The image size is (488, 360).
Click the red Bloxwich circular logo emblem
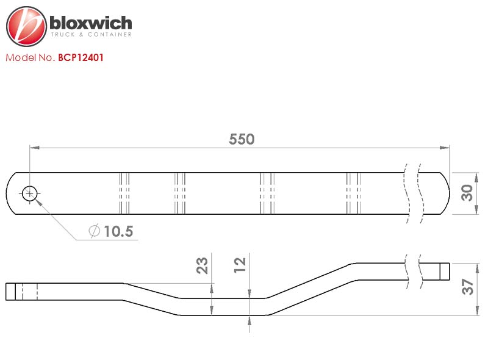click(x=26, y=26)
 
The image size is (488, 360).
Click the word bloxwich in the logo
click(x=90, y=23)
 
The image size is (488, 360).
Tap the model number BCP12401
click(x=81, y=57)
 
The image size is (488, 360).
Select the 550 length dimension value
click(x=242, y=139)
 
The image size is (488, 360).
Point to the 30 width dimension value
click(x=467, y=193)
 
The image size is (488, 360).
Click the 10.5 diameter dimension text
click(x=118, y=231)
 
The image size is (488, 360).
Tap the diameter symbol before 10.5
click(x=95, y=231)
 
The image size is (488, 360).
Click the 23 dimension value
click(x=202, y=265)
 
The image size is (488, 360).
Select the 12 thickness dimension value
click(x=240, y=265)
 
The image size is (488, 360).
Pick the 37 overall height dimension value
click(x=467, y=287)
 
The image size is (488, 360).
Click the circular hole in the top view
click(x=29, y=193)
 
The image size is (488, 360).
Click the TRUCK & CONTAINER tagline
click(x=91, y=34)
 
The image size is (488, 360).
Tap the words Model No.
click(x=30, y=57)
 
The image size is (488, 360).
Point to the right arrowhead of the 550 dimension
click(x=445, y=148)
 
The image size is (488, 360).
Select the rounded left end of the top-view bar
click(x=9, y=193)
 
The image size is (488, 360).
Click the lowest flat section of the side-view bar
click(x=223, y=307)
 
